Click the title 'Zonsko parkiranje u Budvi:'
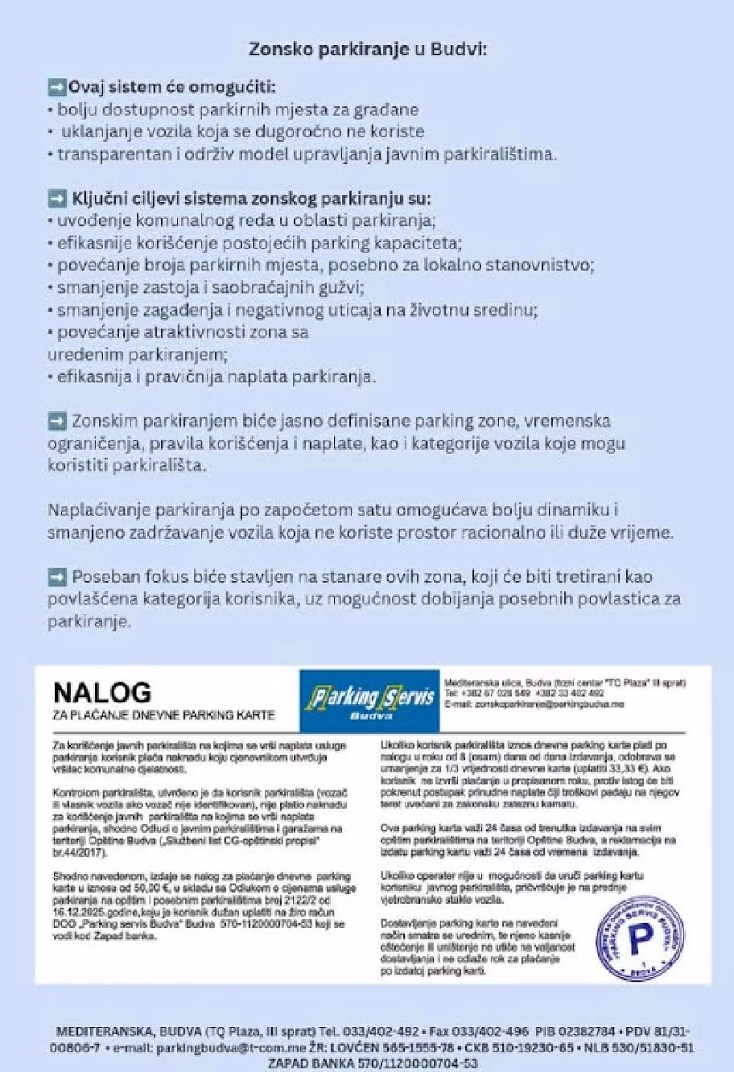coord(368,50)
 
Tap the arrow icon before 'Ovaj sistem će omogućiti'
coord(57,87)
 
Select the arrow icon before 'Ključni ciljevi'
coord(57,199)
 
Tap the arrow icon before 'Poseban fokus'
coord(57,577)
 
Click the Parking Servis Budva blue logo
coord(369,702)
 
